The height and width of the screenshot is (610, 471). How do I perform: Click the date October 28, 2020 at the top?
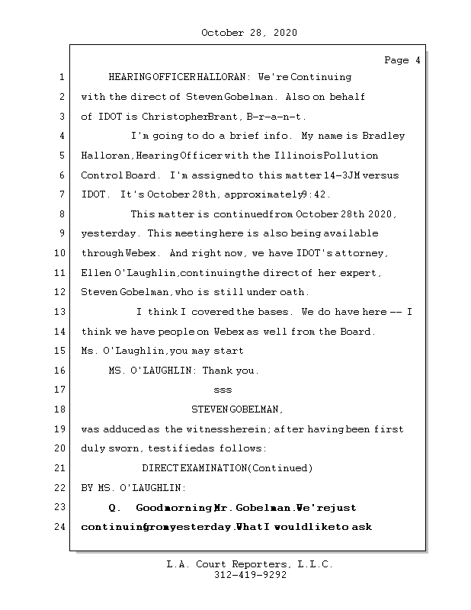tap(248, 33)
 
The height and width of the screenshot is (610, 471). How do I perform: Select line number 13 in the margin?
tap(61, 312)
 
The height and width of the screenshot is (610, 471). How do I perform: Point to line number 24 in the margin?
tap(61, 527)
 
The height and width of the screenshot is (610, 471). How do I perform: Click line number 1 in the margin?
tap(61, 77)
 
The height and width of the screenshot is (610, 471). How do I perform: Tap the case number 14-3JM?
tap(349, 175)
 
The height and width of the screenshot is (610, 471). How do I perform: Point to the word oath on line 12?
tap(296, 292)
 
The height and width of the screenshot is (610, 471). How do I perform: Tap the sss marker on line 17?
tap(223, 390)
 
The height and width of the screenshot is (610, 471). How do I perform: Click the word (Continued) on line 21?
tap(280, 468)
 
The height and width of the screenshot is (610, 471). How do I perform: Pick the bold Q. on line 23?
tap(116, 507)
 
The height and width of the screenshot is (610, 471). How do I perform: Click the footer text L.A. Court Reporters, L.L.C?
tap(249, 564)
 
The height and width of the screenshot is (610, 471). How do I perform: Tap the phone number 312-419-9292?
tap(250, 576)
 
